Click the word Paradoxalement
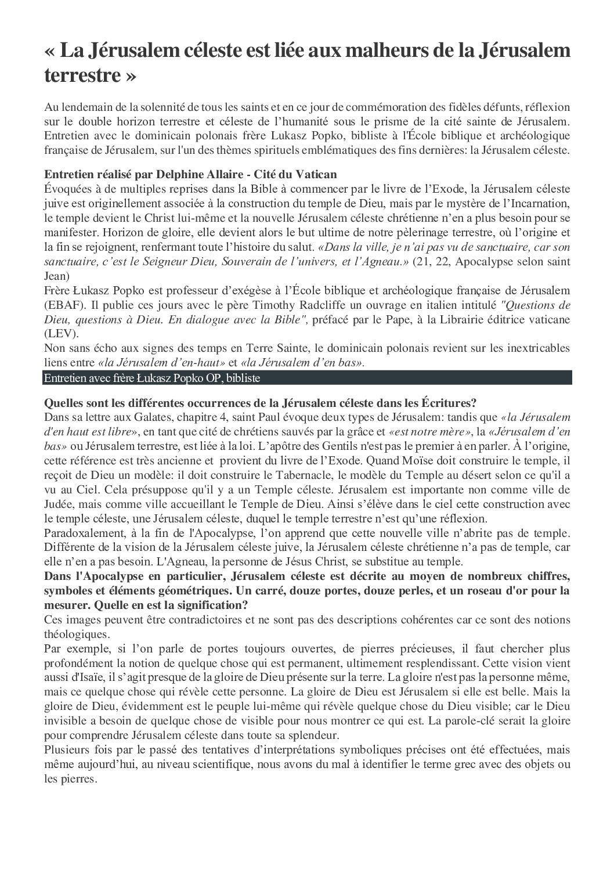tap(83, 533)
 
